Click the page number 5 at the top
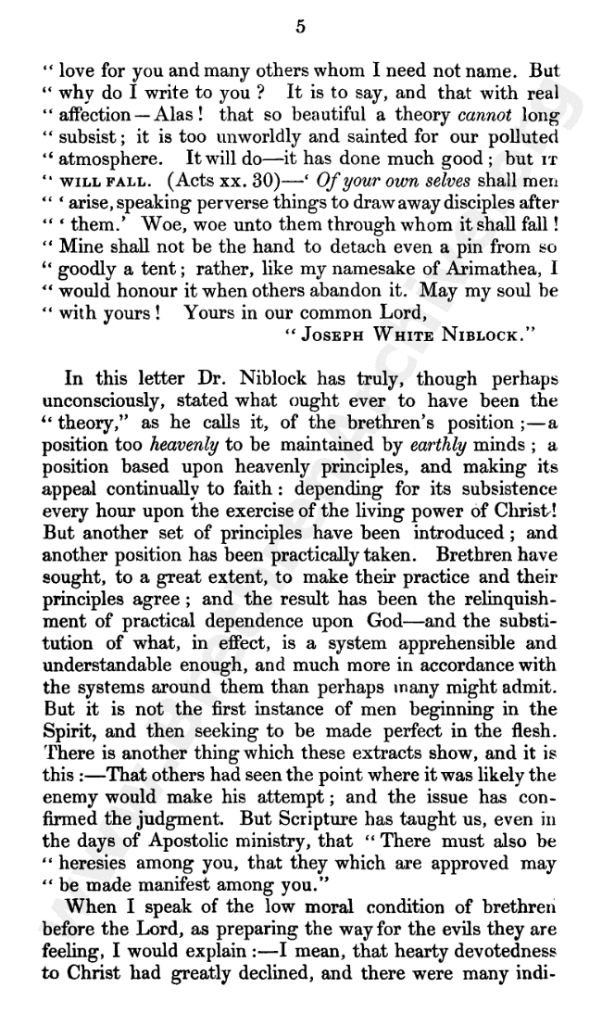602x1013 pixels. (x=300, y=27)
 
